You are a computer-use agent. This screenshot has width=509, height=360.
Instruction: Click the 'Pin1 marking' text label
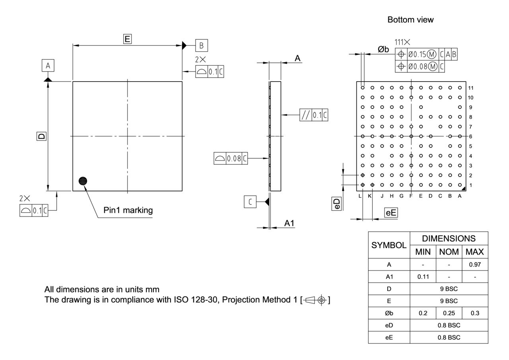128,210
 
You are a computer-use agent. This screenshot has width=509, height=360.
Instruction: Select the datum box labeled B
201,45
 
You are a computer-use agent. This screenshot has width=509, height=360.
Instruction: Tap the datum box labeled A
48,66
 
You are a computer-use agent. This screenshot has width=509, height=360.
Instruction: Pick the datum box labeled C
250,202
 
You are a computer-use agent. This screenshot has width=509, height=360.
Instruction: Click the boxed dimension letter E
127,39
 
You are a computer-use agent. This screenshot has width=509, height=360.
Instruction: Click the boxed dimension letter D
41,136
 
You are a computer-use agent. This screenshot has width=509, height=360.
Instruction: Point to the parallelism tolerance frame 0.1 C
314,115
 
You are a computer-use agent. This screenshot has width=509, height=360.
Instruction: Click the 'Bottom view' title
410,20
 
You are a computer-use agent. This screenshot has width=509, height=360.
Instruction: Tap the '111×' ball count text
402,42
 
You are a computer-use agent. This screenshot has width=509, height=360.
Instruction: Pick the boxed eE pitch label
391,213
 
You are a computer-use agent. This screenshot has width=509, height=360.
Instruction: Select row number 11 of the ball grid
471,88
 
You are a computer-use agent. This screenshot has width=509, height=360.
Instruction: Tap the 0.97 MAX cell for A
475,264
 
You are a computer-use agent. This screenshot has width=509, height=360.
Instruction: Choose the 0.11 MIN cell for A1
423,276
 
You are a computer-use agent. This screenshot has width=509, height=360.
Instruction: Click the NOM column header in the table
449,252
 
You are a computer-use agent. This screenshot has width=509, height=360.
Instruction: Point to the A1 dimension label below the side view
289,224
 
